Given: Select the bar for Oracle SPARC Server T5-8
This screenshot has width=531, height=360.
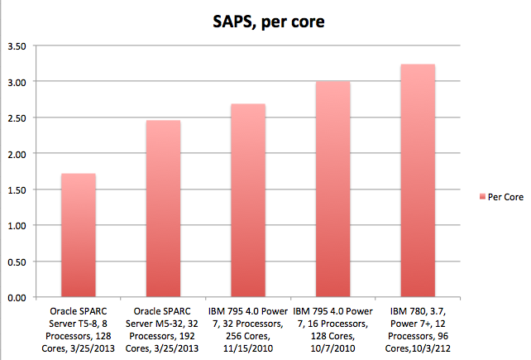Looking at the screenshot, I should coord(79,235).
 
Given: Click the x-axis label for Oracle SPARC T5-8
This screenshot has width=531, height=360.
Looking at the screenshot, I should coord(79,329).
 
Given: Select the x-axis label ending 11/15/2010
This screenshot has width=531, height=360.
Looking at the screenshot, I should coord(248,329).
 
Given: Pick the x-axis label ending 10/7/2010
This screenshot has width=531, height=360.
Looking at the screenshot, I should coord(332,329).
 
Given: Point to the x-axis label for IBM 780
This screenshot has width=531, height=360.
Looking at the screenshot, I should coord(418,329).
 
